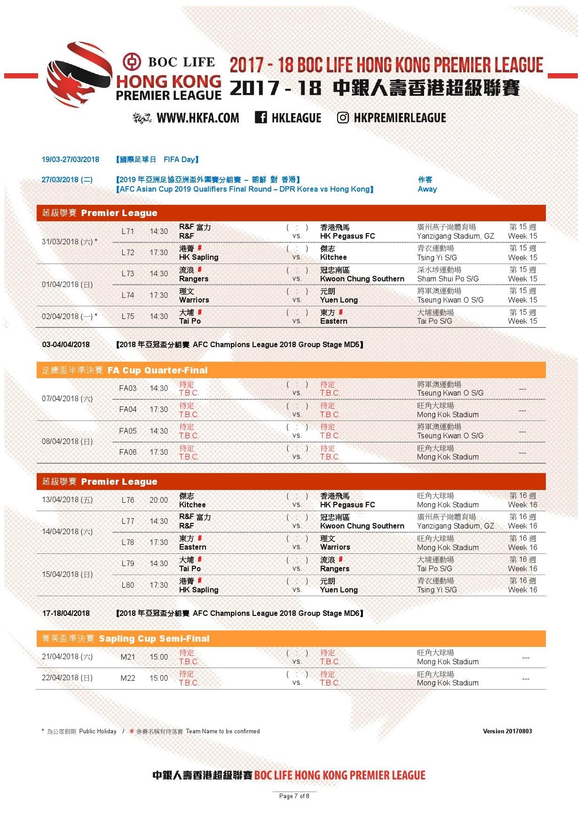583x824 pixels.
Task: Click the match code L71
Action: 127,231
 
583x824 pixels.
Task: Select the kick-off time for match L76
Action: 158,500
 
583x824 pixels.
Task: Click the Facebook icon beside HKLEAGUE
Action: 261,117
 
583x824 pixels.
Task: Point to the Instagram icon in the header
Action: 343,117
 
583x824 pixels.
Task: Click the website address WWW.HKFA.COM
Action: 197,118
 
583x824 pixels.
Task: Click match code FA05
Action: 127,431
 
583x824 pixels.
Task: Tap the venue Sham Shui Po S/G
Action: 448,279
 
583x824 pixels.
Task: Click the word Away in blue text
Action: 427,189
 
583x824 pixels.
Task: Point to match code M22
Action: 128,678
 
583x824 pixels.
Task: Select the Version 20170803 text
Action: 507,731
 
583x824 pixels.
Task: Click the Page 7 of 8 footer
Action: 294,796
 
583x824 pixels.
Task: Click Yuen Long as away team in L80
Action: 339,590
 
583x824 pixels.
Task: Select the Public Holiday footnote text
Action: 98,731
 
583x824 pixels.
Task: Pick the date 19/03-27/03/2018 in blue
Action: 71,159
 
